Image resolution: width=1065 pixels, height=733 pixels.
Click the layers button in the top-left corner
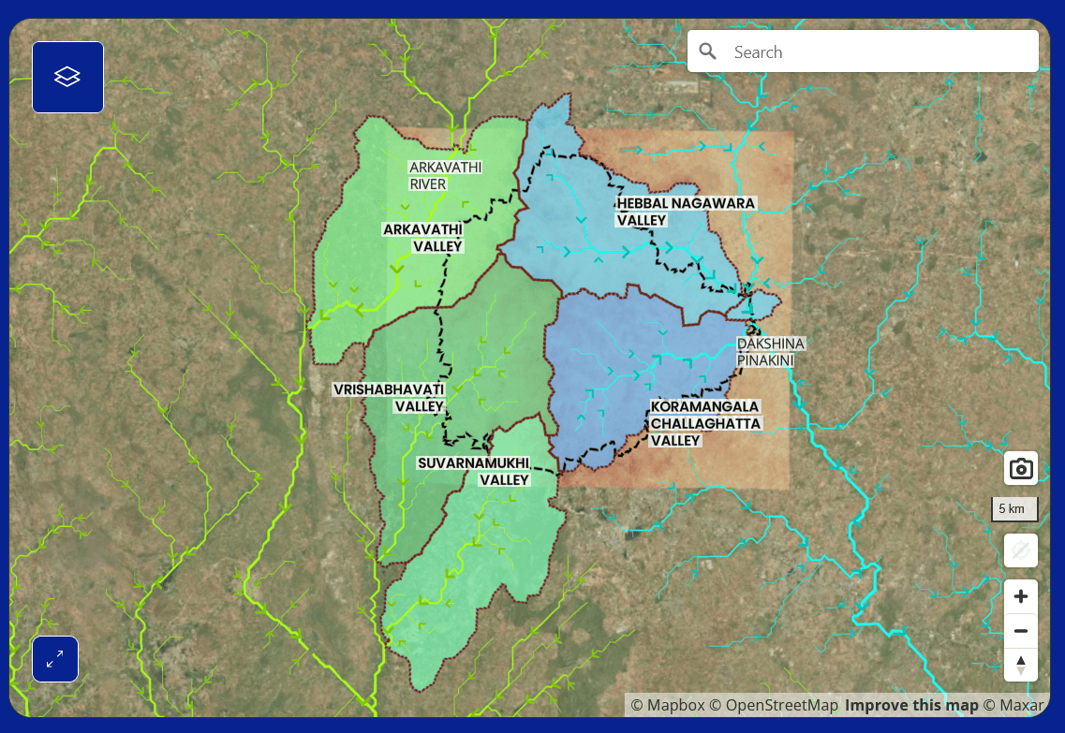click(x=67, y=77)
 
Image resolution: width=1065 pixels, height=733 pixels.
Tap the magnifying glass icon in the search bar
click(x=708, y=51)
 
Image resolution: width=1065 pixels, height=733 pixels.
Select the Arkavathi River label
click(x=445, y=176)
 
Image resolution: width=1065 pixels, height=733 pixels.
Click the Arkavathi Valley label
click(x=423, y=238)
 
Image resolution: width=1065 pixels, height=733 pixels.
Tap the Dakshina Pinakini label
click(x=770, y=352)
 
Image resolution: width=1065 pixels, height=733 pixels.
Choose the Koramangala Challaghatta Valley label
click(x=704, y=423)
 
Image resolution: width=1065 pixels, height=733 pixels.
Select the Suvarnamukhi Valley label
click(x=474, y=472)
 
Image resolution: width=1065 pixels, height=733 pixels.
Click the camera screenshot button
click(x=1020, y=468)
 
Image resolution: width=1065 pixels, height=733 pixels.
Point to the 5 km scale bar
click(x=1015, y=509)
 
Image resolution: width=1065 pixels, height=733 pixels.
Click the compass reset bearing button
click(x=1020, y=666)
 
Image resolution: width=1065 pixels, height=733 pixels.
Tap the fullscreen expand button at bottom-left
click(x=55, y=659)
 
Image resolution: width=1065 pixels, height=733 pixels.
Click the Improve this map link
click(x=911, y=705)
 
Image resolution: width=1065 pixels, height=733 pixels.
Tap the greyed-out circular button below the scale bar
click(x=1020, y=550)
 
